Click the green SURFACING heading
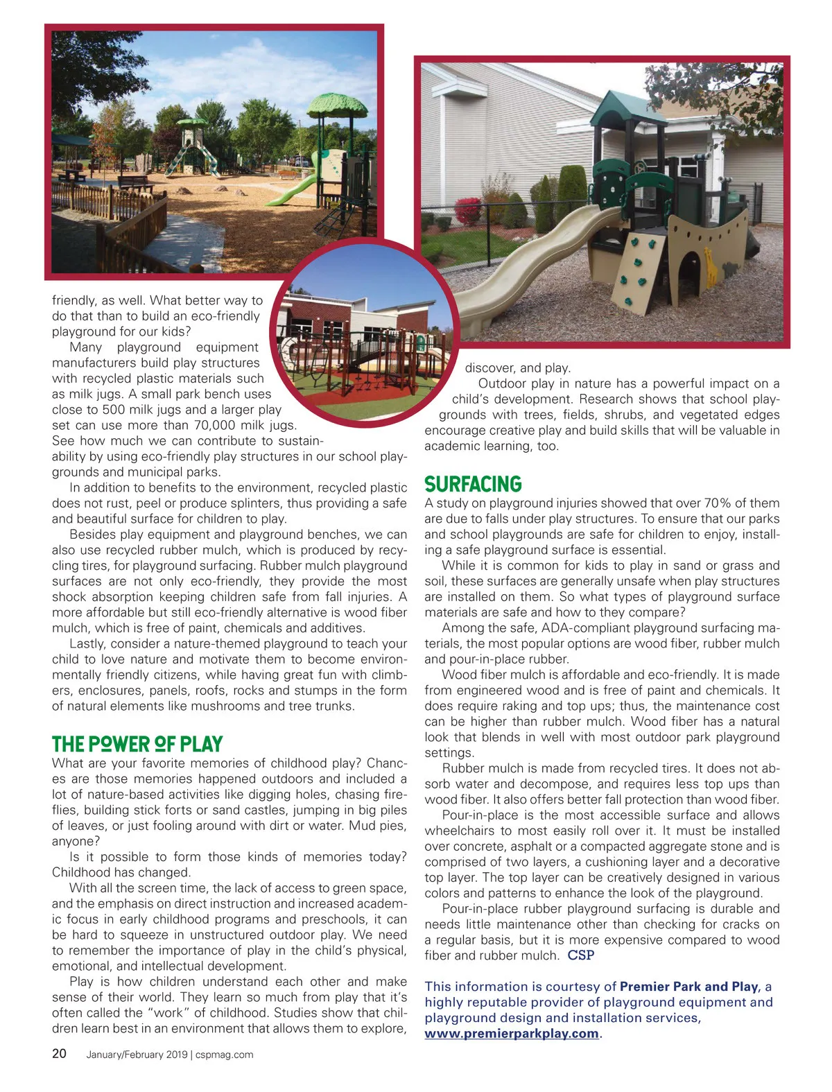coord(473,484)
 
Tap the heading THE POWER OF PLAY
coord(137,745)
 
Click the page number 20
coord(60,1054)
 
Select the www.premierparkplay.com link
coord(512,1033)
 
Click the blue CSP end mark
coord(581,955)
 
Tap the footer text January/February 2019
coord(137,1055)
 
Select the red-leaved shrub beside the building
coord(469,211)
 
